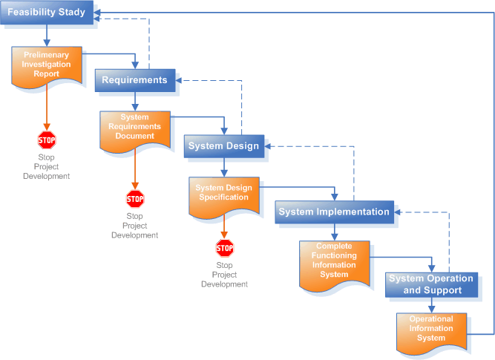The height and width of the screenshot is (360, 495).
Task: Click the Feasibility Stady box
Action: click(x=47, y=13)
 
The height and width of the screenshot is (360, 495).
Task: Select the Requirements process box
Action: click(x=134, y=79)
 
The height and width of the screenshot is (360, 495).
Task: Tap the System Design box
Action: click(x=223, y=145)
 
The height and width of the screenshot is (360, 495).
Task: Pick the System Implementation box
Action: click(x=333, y=212)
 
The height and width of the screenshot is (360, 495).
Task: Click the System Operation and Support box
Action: click(x=431, y=284)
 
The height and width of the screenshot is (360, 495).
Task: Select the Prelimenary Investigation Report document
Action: click(x=46, y=65)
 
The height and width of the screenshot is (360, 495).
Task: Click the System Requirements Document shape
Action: click(x=134, y=128)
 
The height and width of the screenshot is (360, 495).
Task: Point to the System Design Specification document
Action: click(x=223, y=194)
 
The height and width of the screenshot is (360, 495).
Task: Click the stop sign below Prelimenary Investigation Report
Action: click(x=47, y=139)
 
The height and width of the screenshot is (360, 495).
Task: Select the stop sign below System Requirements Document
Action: click(x=135, y=198)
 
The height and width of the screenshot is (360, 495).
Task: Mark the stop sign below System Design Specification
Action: click(x=224, y=247)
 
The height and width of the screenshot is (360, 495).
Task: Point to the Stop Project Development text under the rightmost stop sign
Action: click(x=224, y=275)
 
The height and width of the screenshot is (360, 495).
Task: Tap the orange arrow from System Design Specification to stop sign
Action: click(x=224, y=228)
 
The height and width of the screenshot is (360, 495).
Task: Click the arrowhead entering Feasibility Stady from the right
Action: click(x=101, y=13)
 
